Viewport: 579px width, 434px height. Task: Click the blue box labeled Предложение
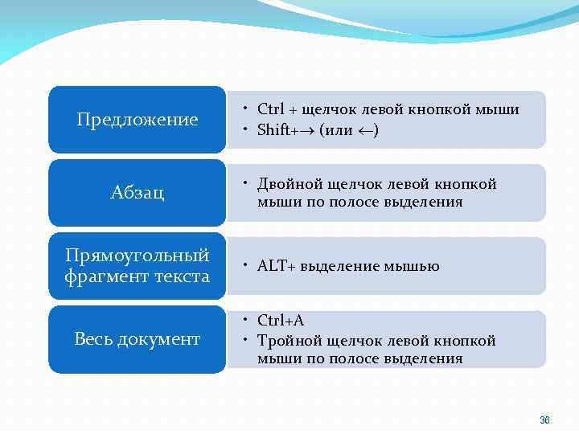pyautogui.click(x=137, y=120)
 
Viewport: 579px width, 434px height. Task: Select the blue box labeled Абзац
pyautogui.click(x=137, y=193)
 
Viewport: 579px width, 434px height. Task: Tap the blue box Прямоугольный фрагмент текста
pyautogui.click(x=137, y=266)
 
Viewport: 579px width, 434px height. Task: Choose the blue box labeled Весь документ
pyautogui.click(x=137, y=339)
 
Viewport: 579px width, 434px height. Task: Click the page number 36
pyautogui.click(x=544, y=420)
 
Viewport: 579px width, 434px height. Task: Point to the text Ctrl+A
pyautogui.click(x=281, y=321)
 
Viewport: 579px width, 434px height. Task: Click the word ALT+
pyautogui.click(x=277, y=266)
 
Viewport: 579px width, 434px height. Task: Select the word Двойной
pyautogui.click(x=286, y=184)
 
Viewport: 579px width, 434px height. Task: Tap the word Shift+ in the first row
pyautogui.click(x=278, y=130)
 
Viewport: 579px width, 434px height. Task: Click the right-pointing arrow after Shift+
pyautogui.click(x=309, y=130)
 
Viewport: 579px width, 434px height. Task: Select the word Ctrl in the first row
pyautogui.click(x=271, y=109)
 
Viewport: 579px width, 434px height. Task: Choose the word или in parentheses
pyautogui.click(x=339, y=130)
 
